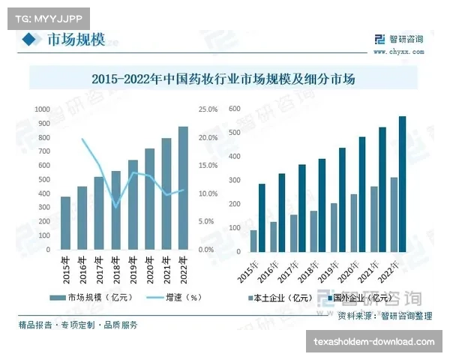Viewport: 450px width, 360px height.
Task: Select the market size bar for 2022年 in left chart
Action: [x=183, y=187]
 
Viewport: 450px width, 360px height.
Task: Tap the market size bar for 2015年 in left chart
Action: [x=66, y=223]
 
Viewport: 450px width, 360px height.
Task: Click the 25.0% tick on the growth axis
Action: [x=208, y=109]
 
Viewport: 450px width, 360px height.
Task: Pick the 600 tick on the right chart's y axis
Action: [x=233, y=109]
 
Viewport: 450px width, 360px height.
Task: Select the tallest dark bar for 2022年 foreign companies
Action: [x=402, y=184]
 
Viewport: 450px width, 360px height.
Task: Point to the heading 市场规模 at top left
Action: [x=76, y=40]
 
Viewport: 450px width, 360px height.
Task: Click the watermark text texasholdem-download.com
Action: [x=374, y=342]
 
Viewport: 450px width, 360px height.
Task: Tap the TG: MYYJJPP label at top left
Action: [x=47, y=14]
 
